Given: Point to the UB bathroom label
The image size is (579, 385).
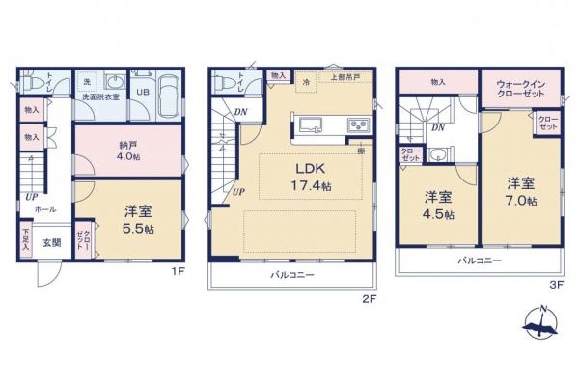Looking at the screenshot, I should [141, 93].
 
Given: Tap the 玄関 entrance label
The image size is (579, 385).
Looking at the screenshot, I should [52, 241].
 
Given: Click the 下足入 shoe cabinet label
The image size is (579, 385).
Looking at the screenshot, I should [25, 236].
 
